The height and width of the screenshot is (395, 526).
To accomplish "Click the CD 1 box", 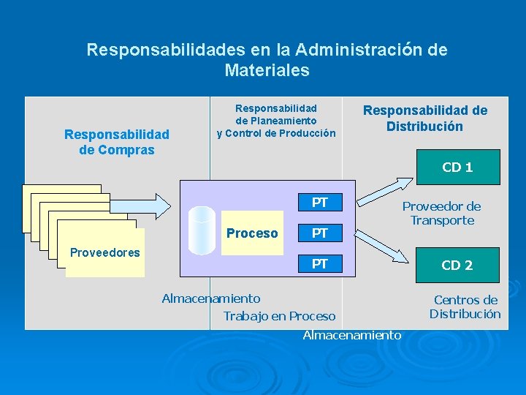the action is click(x=458, y=168).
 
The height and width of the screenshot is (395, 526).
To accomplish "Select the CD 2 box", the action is click(x=458, y=265).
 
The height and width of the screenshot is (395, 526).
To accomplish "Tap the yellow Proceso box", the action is click(x=252, y=233).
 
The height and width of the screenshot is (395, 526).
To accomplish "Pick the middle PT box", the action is click(x=320, y=233).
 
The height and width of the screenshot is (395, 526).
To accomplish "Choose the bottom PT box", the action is click(x=320, y=263).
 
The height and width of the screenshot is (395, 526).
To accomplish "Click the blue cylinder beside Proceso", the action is click(x=201, y=229).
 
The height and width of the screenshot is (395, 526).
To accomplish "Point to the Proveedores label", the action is click(x=104, y=253).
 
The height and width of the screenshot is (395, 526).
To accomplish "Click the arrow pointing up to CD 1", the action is click(x=388, y=187).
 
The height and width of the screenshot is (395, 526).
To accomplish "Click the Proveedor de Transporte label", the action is click(x=441, y=214).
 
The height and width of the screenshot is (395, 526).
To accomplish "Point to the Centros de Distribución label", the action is click(x=465, y=306).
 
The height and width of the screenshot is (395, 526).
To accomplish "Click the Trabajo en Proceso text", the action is click(x=279, y=316).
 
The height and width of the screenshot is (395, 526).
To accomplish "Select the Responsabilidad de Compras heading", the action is click(x=117, y=142).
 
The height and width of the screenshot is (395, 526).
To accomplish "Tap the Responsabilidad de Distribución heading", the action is click(x=425, y=118).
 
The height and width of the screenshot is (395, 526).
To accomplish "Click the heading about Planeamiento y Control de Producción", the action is click(x=276, y=121).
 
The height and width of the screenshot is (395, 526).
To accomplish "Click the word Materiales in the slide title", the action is click(x=267, y=71).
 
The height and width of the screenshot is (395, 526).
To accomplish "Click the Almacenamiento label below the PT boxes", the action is click(x=352, y=335).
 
